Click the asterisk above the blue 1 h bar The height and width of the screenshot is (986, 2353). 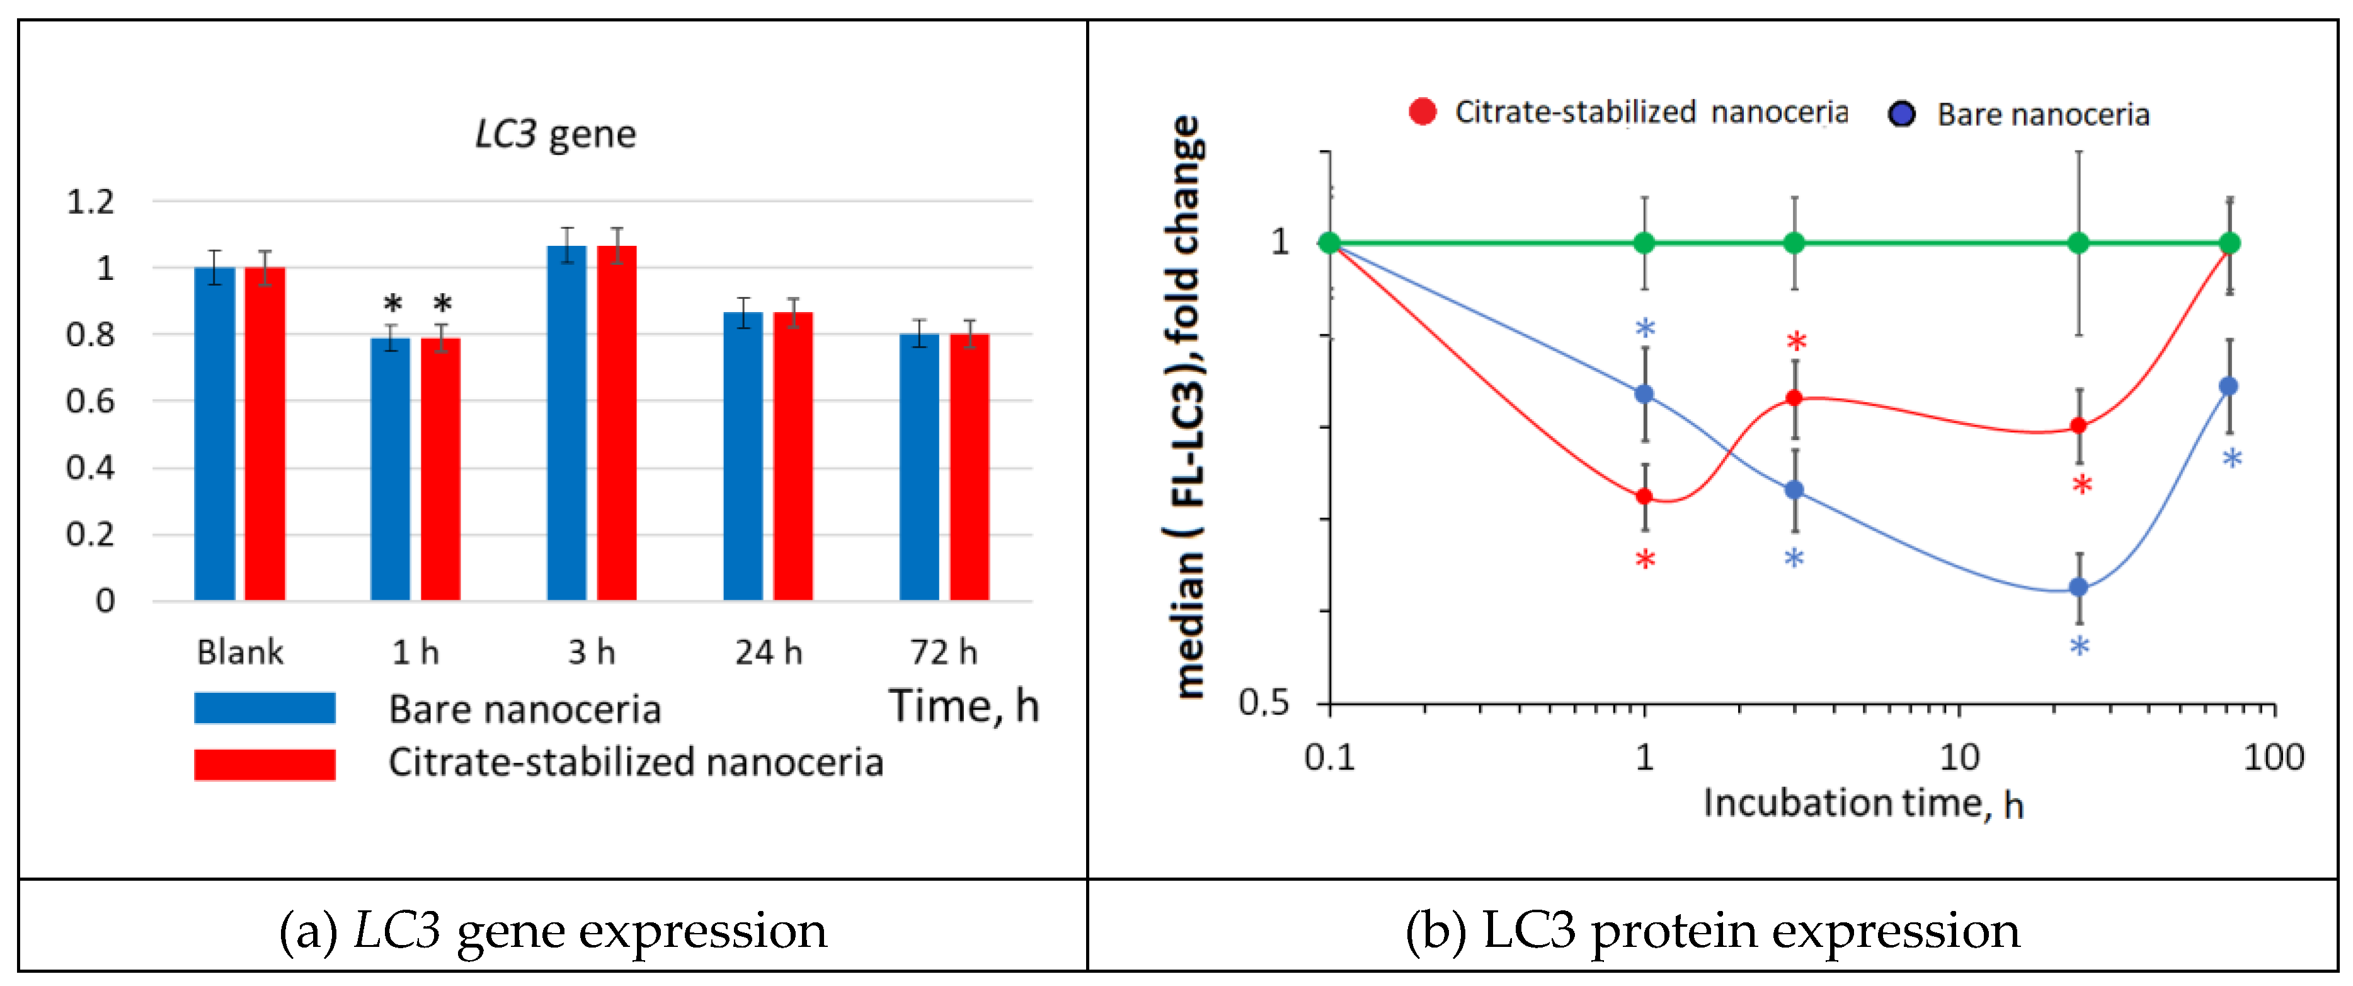(392, 303)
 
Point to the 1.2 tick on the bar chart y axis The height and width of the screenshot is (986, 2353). (91, 201)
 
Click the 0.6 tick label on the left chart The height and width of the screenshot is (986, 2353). (91, 401)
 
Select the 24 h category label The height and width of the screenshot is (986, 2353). (768, 652)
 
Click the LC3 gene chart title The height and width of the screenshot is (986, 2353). (556, 134)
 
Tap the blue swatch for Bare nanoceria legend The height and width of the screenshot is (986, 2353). (264, 708)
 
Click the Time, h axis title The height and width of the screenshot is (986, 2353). (964, 706)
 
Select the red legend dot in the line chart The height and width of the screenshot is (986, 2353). (1423, 112)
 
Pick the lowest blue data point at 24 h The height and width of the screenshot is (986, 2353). (2079, 588)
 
